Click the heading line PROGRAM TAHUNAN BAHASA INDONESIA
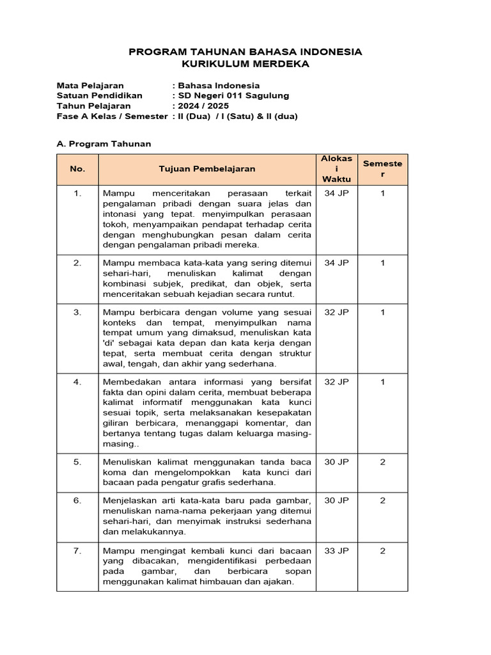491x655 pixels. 245,52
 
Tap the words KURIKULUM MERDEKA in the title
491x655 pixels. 245,64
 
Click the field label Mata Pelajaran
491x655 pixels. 90,85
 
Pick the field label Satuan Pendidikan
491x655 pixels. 99,95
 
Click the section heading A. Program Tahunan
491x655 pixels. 104,144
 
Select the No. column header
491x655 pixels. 77,170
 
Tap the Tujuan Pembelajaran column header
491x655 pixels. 207,170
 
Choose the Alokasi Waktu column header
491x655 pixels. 336,170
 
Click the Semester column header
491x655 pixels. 382,169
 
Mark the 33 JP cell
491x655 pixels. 336,551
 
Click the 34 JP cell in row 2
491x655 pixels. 336,263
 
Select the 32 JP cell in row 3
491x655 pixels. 336,312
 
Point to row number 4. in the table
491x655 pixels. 77,382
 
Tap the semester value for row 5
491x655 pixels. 382,462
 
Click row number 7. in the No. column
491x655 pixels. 77,551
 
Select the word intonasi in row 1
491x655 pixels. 120,214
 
